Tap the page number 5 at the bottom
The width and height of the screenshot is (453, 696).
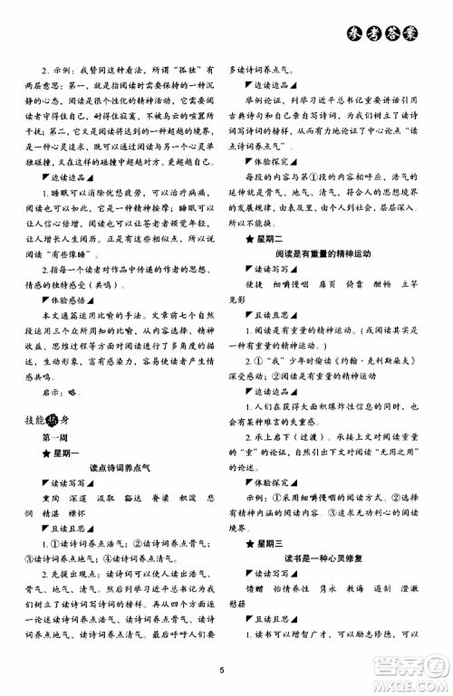[220, 670]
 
